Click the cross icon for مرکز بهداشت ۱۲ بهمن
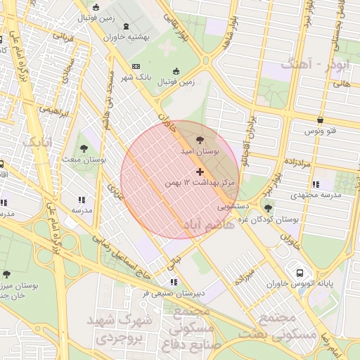[x=200, y=172]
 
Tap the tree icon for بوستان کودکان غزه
[x=268, y=208]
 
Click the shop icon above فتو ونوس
[x=320, y=120]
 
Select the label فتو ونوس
[x=320, y=131]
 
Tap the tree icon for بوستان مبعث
[x=84, y=148]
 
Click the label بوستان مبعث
[x=85, y=160]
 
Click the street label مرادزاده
[x=299, y=161]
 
